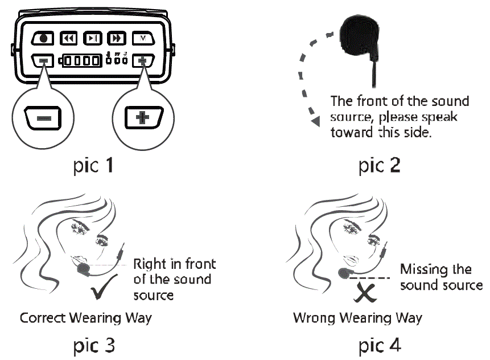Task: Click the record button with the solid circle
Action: [43, 39]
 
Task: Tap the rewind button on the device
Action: [68, 39]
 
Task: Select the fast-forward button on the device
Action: [116, 39]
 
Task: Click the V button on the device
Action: [142, 39]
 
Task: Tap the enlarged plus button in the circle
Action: [142, 120]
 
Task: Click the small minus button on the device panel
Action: [43, 60]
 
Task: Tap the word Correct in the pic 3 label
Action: [42, 317]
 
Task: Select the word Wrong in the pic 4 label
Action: [313, 317]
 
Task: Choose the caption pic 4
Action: [380, 345]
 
